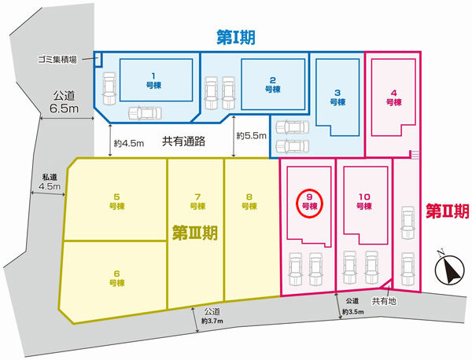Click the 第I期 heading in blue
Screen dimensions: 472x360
236,38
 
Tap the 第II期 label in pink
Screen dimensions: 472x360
448,211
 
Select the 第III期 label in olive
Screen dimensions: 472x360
195,233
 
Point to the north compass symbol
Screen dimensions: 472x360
449,268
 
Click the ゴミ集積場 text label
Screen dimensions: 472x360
57,59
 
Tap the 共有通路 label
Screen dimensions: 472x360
183,141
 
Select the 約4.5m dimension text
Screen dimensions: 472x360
129,144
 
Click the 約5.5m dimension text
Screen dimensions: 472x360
252,136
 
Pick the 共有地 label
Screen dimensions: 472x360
384,301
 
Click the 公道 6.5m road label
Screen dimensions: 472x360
64,102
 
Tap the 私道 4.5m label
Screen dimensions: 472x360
50,182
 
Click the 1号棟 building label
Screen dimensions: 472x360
153,81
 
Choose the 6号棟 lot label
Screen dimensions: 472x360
116,278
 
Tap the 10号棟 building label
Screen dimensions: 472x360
364,201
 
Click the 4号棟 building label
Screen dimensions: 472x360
394,97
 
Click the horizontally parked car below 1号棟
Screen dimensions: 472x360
145,113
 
